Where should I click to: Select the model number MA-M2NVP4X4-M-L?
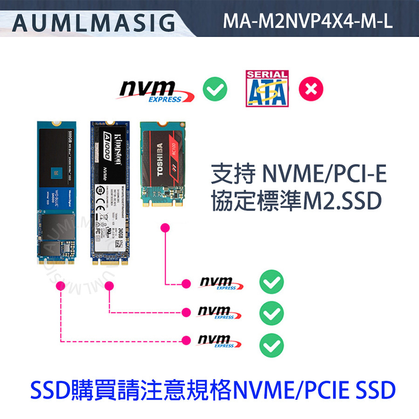(308, 21)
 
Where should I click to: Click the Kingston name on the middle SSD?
(117, 145)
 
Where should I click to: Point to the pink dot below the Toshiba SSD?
(164, 227)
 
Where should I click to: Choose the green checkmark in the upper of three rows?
(271, 283)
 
